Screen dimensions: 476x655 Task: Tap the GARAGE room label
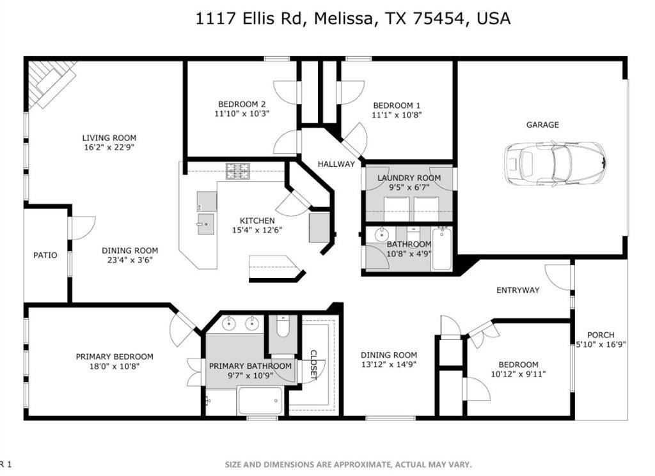(542, 125)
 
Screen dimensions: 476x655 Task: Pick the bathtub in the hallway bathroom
(441, 249)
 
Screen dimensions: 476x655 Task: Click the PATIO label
(45, 255)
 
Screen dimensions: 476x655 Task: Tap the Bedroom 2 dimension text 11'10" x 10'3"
(242, 114)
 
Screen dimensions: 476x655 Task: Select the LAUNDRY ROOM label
(409, 178)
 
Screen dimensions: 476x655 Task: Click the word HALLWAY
(336, 164)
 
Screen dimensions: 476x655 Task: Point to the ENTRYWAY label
(517, 290)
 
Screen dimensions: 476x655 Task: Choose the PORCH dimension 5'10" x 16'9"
(601, 344)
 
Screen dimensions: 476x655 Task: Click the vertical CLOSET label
(313, 365)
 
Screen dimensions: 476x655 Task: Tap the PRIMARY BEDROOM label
(114, 357)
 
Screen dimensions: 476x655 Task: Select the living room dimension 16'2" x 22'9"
(109, 147)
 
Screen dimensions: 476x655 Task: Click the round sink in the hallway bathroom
(381, 234)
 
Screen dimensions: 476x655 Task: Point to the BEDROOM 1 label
(397, 105)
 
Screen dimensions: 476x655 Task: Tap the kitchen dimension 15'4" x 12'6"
(257, 230)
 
